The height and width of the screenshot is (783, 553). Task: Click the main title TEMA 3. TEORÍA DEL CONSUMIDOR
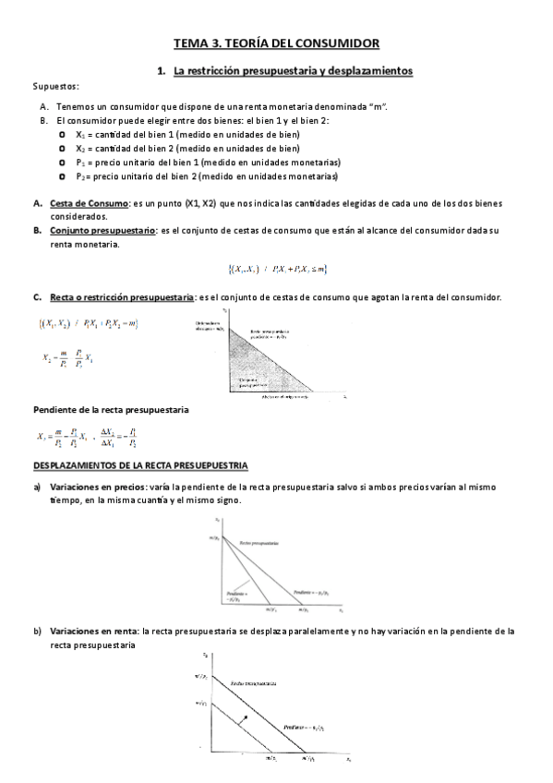[276, 42]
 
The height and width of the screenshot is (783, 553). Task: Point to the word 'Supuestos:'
[55, 86]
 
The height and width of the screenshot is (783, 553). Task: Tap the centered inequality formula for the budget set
[277, 269]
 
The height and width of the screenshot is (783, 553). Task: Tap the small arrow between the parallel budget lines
[244, 718]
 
